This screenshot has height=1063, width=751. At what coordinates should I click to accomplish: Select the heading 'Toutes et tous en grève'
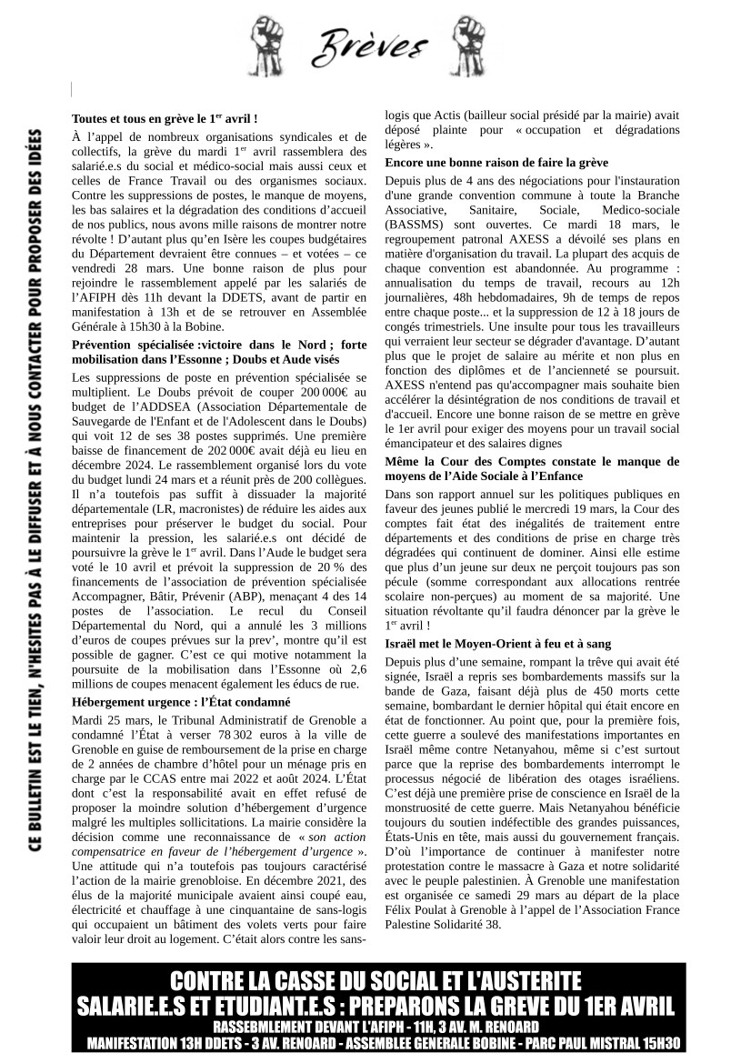point(165,118)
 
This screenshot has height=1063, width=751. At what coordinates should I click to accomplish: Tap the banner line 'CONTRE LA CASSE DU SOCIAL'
point(375,982)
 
